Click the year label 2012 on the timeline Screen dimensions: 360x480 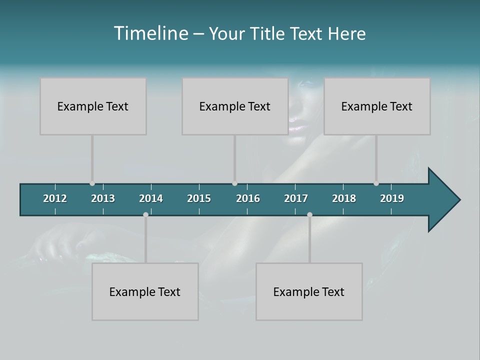[x=55, y=198]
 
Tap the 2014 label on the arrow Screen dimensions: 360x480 [x=151, y=198]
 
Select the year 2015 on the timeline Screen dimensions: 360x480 [x=199, y=198]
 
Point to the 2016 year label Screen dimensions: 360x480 [x=248, y=198]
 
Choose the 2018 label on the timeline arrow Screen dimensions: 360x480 [x=344, y=198]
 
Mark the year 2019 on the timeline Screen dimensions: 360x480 [x=392, y=198]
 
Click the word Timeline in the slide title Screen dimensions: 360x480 [x=151, y=33]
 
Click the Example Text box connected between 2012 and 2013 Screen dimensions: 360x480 [x=93, y=106]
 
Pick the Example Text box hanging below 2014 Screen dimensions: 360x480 [x=145, y=291]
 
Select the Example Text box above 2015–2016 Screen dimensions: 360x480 [x=235, y=106]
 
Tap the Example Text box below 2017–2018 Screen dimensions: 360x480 [x=309, y=291]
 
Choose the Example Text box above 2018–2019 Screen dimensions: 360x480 [x=377, y=106]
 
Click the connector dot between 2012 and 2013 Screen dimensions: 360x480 [x=92, y=183]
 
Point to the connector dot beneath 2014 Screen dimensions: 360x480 [x=145, y=214]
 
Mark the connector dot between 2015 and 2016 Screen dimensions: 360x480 [x=234, y=183]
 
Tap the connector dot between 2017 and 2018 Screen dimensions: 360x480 [x=309, y=214]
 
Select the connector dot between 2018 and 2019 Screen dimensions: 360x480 [x=376, y=183]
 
